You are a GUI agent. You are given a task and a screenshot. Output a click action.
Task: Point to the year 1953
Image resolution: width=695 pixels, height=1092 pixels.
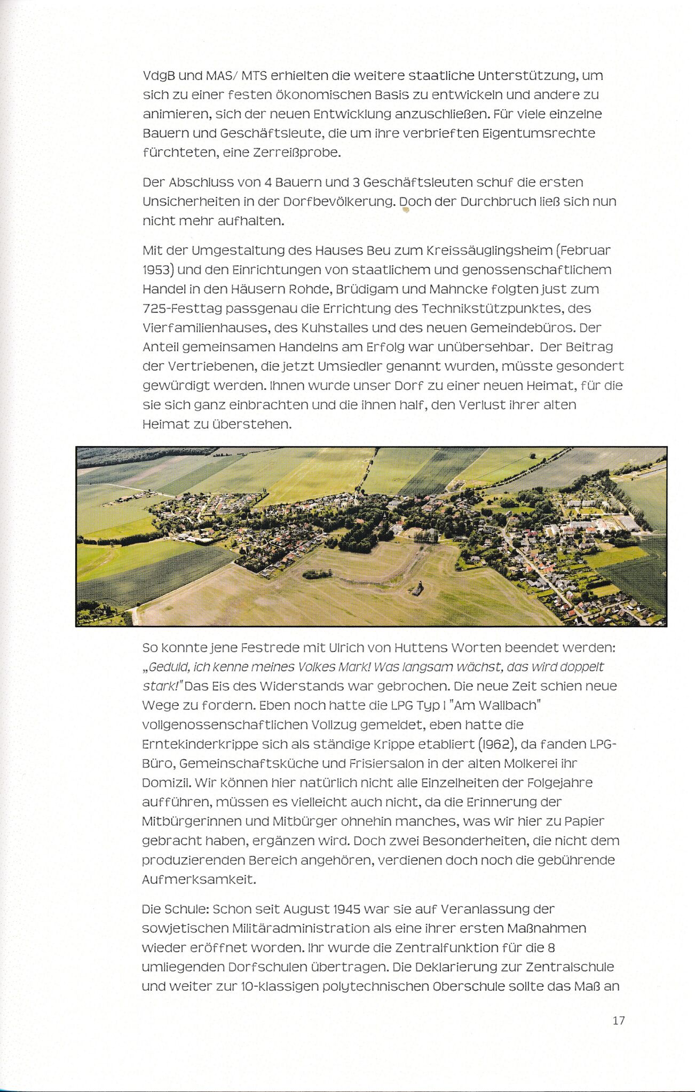pyautogui.click(x=157, y=270)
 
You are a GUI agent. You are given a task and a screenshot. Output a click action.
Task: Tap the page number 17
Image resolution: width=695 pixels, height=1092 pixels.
pyautogui.click(x=619, y=1021)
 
